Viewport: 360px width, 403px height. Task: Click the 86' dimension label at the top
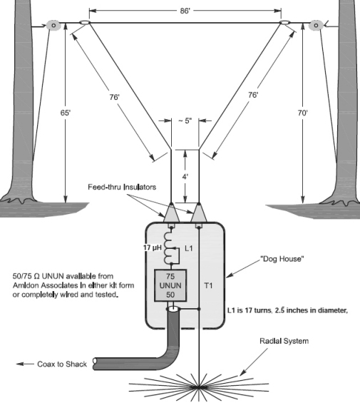(185, 11)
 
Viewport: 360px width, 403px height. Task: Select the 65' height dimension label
(66, 113)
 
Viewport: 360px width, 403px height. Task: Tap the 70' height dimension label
(303, 113)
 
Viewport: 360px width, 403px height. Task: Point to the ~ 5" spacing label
(185, 121)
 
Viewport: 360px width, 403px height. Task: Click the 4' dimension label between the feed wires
(185, 177)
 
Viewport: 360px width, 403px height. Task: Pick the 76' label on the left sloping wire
(114, 97)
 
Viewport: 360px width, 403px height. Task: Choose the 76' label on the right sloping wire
(253, 95)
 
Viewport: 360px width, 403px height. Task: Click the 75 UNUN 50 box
(170, 285)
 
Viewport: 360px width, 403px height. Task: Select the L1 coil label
(189, 248)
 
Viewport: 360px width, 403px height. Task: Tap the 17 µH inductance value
(153, 248)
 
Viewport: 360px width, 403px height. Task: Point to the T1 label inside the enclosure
(208, 285)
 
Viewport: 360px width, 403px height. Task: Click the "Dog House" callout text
(282, 259)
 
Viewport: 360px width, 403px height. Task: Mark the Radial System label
(284, 341)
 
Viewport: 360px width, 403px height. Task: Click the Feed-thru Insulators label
(122, 187)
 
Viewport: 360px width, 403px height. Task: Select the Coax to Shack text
(62, 364)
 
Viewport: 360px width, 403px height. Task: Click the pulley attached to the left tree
(53, 25)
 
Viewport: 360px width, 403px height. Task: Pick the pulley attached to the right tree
(316, 25)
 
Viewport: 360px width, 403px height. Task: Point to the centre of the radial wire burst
(199, 387)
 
